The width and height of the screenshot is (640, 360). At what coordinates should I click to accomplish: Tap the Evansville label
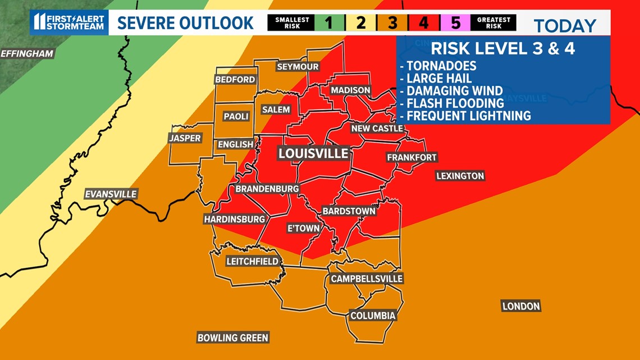tap(111, 194)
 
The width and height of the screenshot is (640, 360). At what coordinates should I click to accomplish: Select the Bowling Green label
tap(233, 338)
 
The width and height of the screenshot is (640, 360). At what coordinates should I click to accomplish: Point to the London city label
tap(521, 306)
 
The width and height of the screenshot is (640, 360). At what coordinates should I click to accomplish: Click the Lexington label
tap(460, 176)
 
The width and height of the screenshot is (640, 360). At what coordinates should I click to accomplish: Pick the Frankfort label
tap(412, 158)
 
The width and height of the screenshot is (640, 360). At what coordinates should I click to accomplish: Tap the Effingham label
tap(27, 54)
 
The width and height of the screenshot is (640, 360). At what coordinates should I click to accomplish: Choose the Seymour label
tap(298, 67)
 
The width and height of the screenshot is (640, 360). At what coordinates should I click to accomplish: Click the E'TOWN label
tap(303, 228)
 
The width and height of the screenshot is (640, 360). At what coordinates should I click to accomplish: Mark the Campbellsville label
tap(367, 279)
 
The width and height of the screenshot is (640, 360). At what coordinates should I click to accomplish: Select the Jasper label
tap(185, 138)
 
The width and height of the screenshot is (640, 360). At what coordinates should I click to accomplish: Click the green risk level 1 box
tap(329, 23)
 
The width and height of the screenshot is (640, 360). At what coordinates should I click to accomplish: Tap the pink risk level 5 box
tap(455, 23)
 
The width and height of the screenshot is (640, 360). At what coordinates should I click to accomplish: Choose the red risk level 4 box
tap(424, 23)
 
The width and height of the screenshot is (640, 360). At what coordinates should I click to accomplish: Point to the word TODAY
tap(564, 26)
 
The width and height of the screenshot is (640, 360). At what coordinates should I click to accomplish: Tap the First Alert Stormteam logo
tap(69, 22)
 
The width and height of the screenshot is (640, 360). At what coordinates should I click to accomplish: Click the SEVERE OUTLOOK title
tap(186, 23)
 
